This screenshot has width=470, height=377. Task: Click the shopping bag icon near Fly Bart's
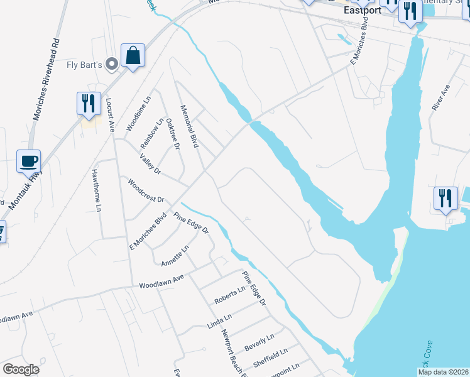click(x=133, y=57)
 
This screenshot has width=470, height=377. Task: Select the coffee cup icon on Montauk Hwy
click(x=28, y=161)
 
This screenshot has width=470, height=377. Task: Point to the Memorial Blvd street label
click(x=189, y=126)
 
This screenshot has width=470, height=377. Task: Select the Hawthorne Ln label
click(x=97, y=189)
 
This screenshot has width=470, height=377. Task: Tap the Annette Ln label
click(x=175, y=256)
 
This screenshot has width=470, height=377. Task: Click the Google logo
click(x=21, y=369)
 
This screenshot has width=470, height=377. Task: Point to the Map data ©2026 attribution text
click(x=443, y=372)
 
